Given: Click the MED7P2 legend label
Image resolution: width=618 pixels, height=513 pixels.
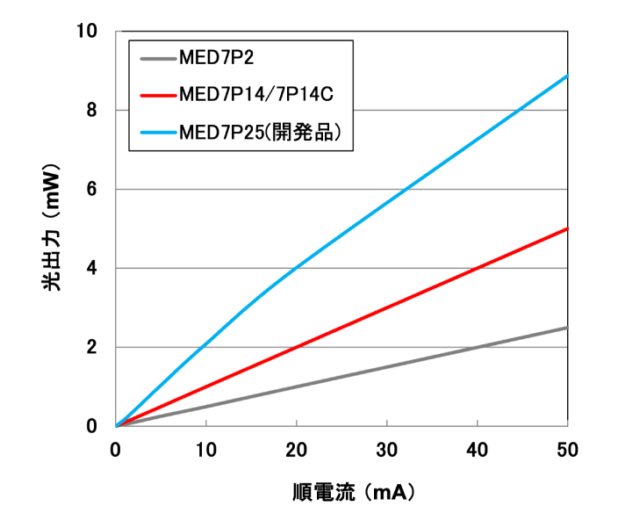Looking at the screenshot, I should click(x=217, y=60).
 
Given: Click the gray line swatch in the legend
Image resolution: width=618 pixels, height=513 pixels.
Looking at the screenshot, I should click(x=157, y=60).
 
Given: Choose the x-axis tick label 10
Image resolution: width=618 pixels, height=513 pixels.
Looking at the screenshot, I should click(x=206, y=449).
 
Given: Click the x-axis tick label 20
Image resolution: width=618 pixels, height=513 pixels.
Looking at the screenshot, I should click(x=297, y=449).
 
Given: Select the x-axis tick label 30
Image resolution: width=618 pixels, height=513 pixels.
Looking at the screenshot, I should click(x=387, y=449).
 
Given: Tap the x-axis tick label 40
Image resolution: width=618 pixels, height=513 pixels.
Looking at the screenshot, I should click(x=478, y=449).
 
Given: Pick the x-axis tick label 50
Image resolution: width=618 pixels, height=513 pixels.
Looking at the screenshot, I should click(x=567, y=449).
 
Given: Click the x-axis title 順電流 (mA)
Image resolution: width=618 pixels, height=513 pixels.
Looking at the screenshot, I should click(x=349, y=489).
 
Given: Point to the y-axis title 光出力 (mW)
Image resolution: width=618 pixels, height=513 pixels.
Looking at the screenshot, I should click(x=52, y=230).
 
